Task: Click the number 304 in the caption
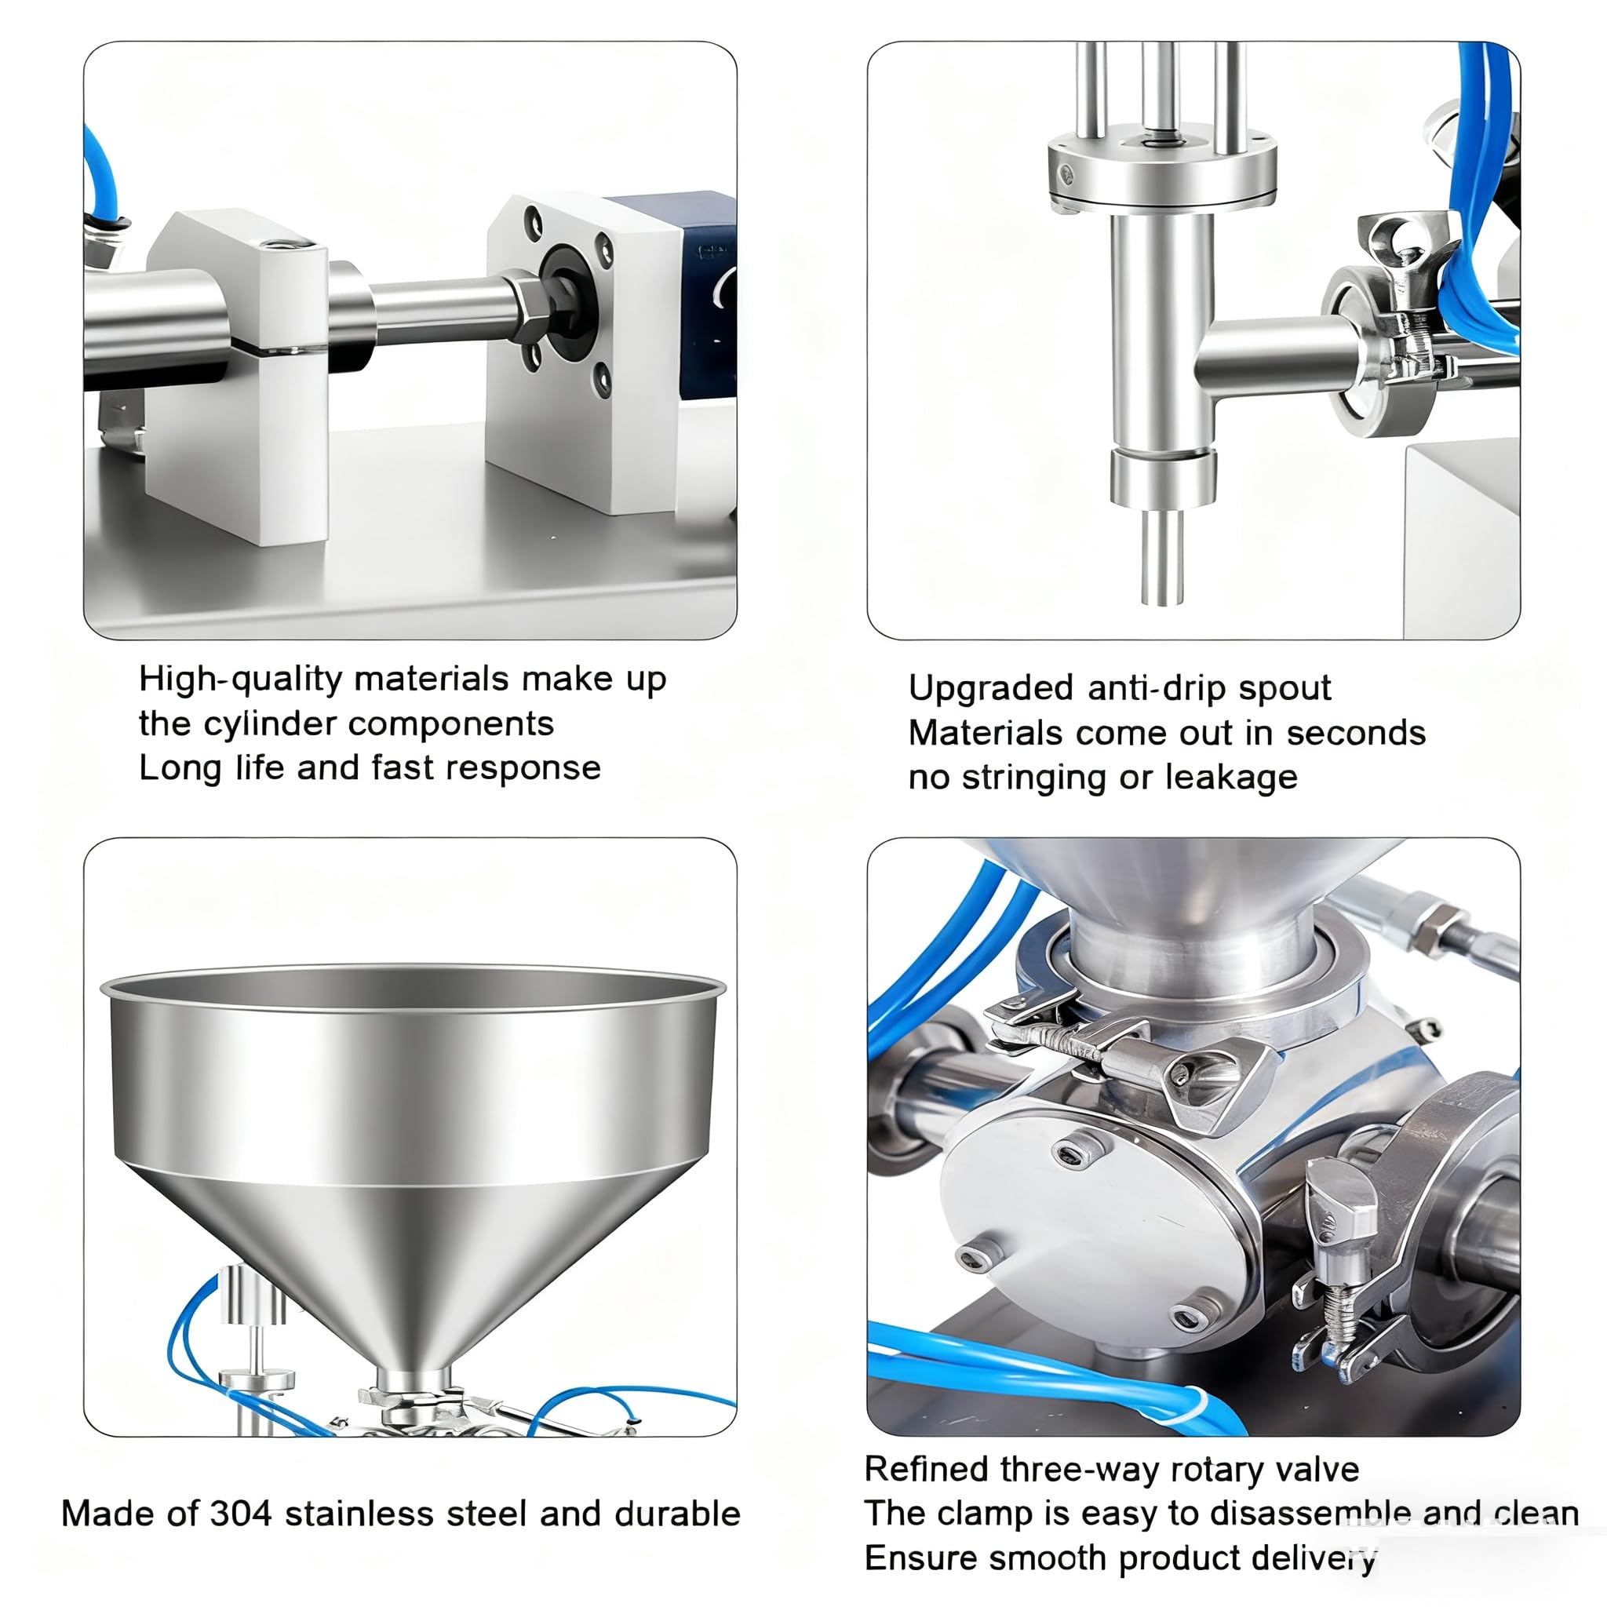click(x=241, y=1514)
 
